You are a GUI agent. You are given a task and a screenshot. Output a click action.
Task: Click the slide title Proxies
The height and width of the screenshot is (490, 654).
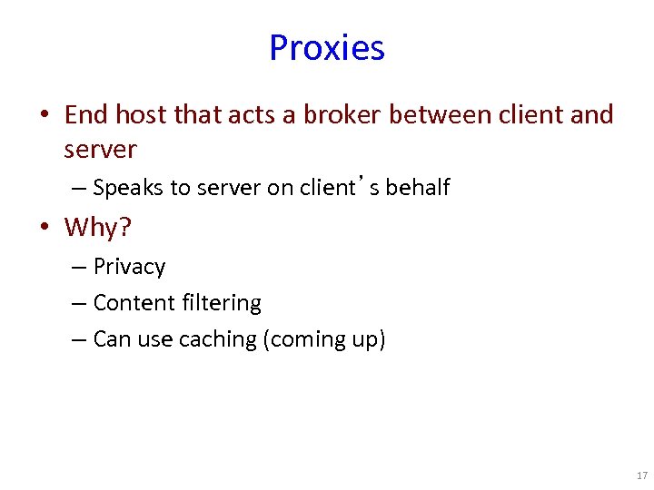point(327,47)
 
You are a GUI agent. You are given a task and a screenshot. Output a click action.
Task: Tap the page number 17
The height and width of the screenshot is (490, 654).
point(642,475)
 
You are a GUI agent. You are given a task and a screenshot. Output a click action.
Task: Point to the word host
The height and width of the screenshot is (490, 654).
point(141,115)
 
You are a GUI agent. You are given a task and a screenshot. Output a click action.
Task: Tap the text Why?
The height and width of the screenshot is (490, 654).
point(98,227)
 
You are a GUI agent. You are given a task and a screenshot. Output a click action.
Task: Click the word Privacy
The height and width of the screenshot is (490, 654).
point(129,267)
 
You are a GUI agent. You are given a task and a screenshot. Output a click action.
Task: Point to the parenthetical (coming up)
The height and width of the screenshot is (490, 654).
point(324,339)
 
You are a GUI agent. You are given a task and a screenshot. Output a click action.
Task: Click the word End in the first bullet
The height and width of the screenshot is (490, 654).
point(85,115)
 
